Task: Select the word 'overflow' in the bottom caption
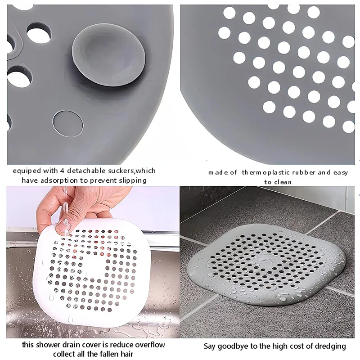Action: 148,345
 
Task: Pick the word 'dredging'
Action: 331,346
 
